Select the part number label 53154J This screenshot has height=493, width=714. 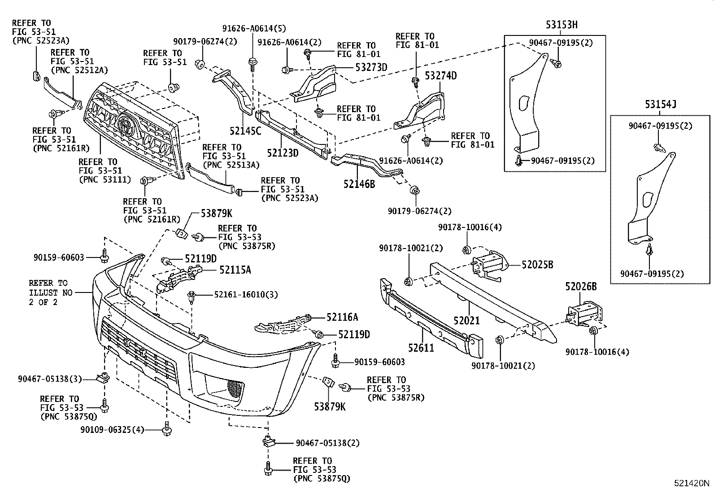660,105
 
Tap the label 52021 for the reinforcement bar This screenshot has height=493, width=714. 466,321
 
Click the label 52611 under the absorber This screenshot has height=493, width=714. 421,347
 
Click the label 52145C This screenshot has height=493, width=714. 245,131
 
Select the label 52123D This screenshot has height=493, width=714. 283,153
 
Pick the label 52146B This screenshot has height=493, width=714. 359,183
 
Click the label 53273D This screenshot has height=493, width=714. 371,68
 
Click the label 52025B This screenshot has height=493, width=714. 537,265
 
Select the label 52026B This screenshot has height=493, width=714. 581,286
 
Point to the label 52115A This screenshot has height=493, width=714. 235,270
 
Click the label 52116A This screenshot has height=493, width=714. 342,318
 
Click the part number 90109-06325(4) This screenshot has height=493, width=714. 112,430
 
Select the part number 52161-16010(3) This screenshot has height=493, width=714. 245,294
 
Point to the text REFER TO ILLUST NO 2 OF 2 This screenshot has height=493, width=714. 48,292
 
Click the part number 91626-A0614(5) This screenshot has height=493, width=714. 254,29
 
